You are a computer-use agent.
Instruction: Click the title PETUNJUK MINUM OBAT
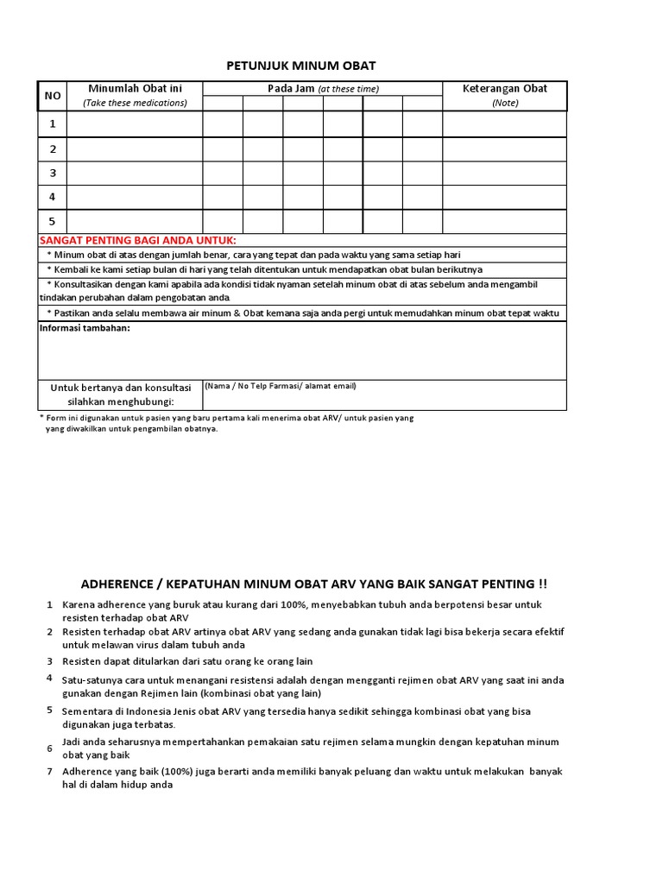click(x=301, y=66)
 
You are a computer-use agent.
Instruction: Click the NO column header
click(x=52, y=96)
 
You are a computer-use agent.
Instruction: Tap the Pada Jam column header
click(x=322, y=88)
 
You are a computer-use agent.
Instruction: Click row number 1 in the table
click(x=52, y=124)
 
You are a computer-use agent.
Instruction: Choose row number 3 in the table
click(x=52, y=173)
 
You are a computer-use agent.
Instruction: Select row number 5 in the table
click(x=52, y=221)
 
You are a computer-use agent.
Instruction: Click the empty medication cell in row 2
click(x=134, y=148)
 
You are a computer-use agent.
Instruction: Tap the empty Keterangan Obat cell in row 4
click(x=504, y=197)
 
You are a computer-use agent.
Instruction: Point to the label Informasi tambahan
click(x=85, y=328)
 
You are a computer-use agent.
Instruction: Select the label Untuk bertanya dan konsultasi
click(x=120, y=388)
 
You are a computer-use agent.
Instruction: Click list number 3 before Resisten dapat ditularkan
click(x=50, y=660)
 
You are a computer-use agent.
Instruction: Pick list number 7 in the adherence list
click(x=50, y=771)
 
